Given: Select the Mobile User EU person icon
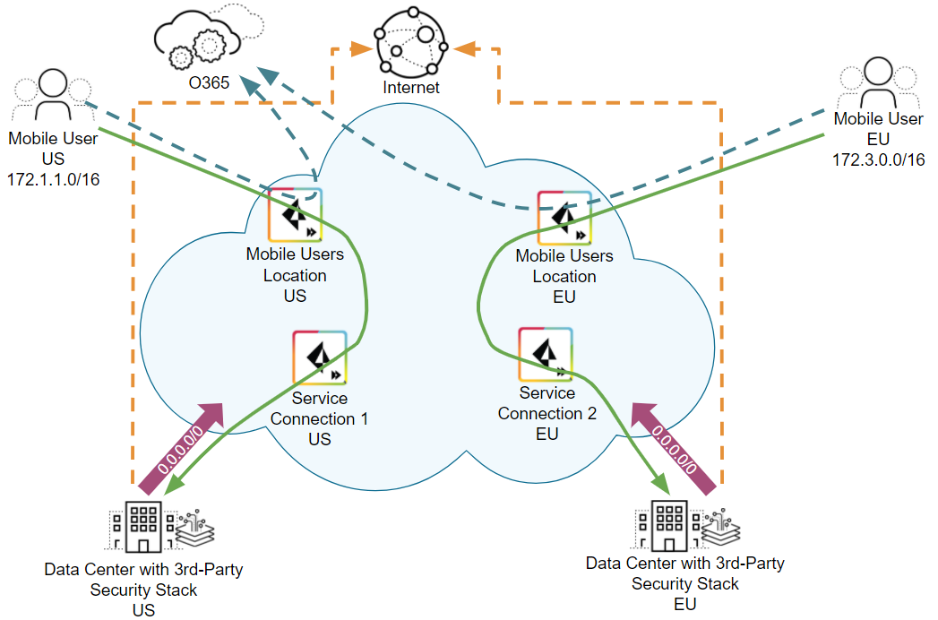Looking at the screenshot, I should (x=877, y=84).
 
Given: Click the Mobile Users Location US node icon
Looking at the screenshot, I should (x=296, y=216).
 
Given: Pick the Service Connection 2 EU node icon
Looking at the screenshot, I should (x=546, y=354).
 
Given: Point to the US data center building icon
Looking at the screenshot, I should (x=142, y=525).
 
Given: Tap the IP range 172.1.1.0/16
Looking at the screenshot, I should (x=53, y=179).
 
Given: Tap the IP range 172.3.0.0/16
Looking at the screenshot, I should (x=878, y=159).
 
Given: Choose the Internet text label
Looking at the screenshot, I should (x=411, y=88).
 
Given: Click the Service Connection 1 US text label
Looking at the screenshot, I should (x=319, y=418).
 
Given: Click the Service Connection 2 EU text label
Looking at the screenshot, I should (x=546, y=413).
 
